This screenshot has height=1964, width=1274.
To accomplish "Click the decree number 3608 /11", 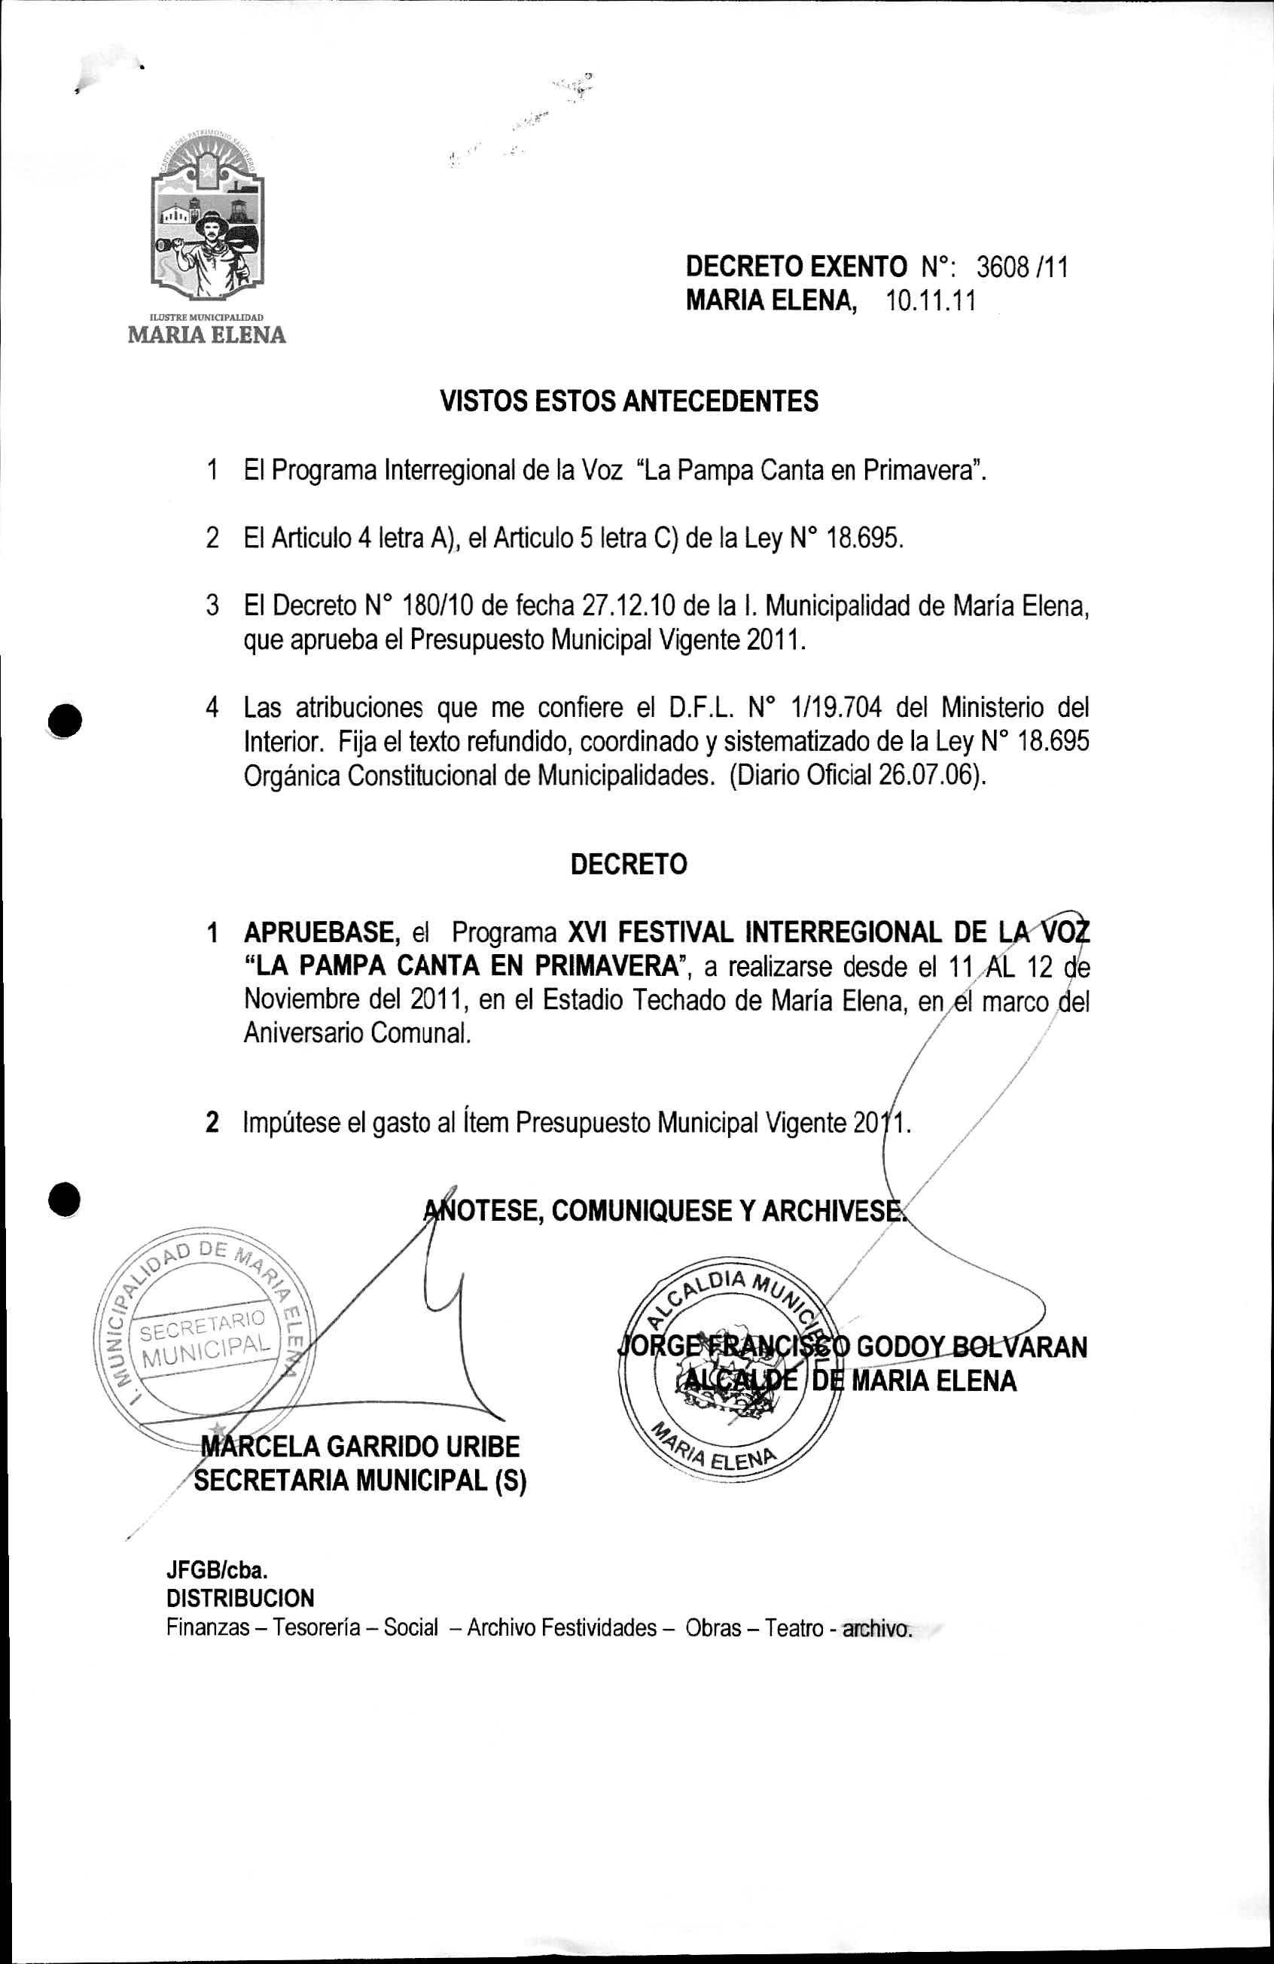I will coord(1023,267).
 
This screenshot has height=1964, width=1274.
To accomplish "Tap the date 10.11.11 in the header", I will coord(931,301).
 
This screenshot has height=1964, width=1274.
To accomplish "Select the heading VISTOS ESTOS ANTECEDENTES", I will coord(629,402).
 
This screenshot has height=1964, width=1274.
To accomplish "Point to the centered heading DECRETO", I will coord(629,864).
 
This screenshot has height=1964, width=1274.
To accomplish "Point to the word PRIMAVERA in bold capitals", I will coord(605,965).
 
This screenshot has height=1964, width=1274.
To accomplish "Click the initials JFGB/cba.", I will coord(217,1570).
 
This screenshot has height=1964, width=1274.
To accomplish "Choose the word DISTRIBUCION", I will coord(240,1599).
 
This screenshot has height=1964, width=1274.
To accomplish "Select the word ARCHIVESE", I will coord(832,1211).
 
